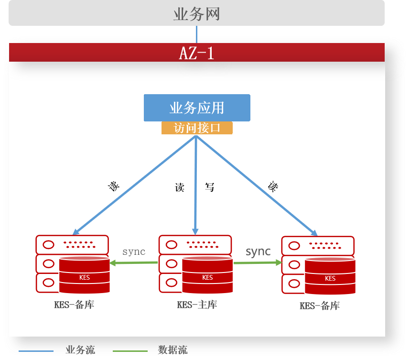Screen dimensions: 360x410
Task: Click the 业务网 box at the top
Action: pos(196,13)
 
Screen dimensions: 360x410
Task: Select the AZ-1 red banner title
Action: pos(196,53)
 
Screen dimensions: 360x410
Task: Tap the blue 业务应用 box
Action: pos(197,108)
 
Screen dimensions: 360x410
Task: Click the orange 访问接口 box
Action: pos(197,128)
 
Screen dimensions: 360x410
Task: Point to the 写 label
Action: pos(210,187)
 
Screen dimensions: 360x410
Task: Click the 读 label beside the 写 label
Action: pos(180,187)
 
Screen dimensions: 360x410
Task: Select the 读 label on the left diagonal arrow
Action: pos(114,186)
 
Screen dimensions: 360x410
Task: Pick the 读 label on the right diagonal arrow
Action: pos(273,186)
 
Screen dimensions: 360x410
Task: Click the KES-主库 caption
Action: pos(197,305)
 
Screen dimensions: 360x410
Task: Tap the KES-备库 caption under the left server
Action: pos(74,305)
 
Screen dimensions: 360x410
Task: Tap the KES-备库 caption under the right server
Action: pos(320,305)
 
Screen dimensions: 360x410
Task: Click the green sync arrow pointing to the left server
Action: pos(134,262)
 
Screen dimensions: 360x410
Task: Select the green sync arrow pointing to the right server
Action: pos(258,262)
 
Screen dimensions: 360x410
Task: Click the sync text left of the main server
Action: pos(134,251)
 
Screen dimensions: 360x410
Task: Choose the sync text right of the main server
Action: pos(258,251)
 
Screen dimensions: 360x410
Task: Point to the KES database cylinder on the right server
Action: pos(330,277)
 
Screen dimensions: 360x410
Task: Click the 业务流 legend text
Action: pos(80,350)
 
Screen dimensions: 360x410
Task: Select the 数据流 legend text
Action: pos(173,350)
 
